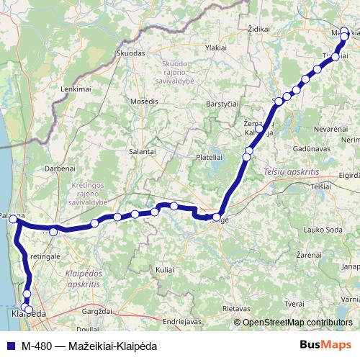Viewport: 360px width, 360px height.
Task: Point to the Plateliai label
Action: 210,156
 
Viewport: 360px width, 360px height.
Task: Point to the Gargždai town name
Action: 99,311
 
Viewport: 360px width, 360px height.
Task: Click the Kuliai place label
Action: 165,269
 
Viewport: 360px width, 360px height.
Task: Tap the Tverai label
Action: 294,304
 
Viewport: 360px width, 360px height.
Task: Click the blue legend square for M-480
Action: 10,344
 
